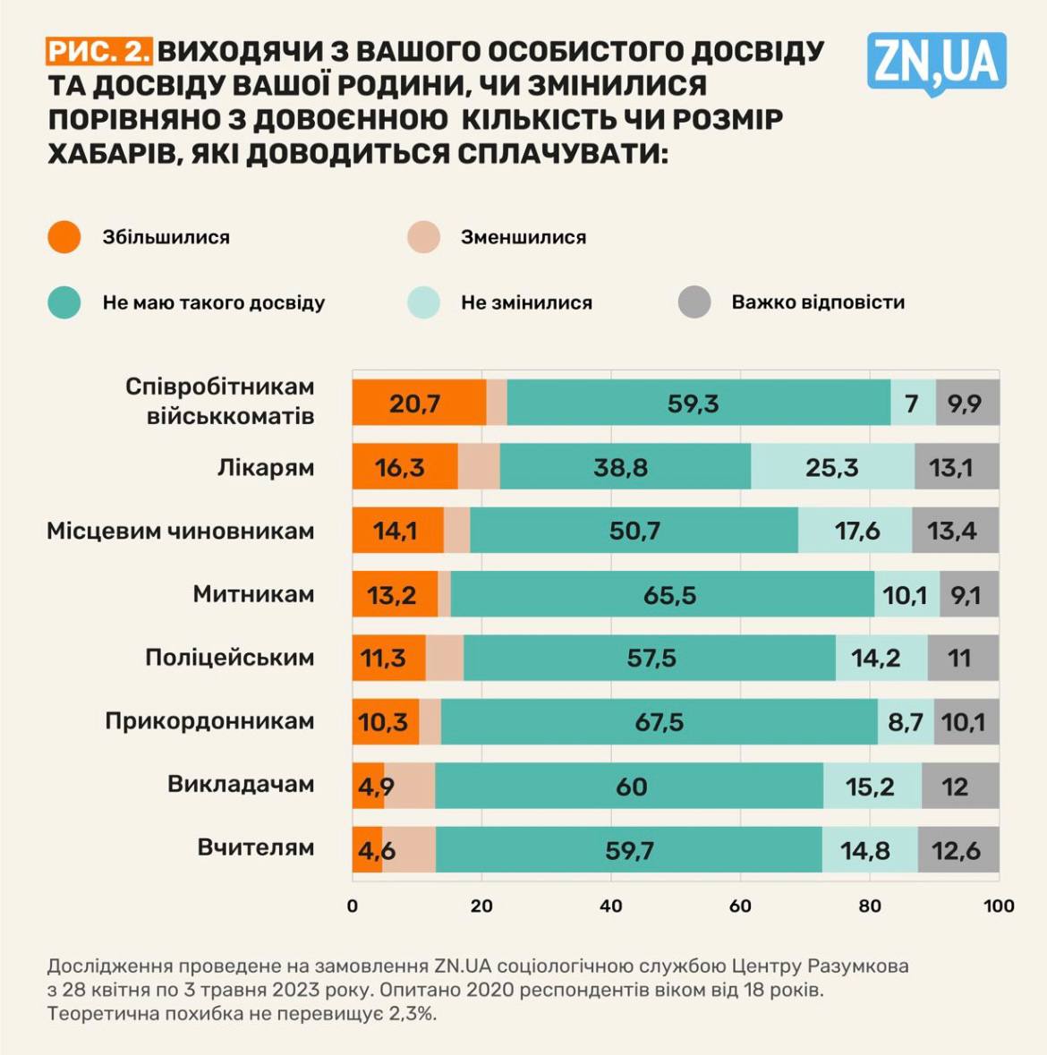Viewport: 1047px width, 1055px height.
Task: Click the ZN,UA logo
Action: coord(936,63)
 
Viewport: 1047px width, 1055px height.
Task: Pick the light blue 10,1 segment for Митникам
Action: coord(907,594)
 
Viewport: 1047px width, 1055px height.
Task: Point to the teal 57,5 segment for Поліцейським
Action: coord(650,658)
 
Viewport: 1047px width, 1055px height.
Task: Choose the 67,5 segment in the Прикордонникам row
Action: coord(659,722)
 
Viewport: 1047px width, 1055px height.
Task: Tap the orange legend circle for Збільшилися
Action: coord(64,237)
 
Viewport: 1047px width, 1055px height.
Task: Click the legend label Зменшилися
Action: coord(523,237)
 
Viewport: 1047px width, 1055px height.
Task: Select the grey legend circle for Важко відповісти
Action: coord(694,302)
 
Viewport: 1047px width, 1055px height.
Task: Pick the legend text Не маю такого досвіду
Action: coord(213,302)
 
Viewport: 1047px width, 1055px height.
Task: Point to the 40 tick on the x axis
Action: coord(611,906)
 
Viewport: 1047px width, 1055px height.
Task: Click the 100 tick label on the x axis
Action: coord(998,906)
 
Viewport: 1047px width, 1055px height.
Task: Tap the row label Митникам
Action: coord(253,594)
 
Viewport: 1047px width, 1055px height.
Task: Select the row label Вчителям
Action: coord(256,847)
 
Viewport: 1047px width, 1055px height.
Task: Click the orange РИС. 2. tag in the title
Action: coord(99,51)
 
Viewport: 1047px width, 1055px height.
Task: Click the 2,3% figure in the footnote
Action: coord(413,1014)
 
